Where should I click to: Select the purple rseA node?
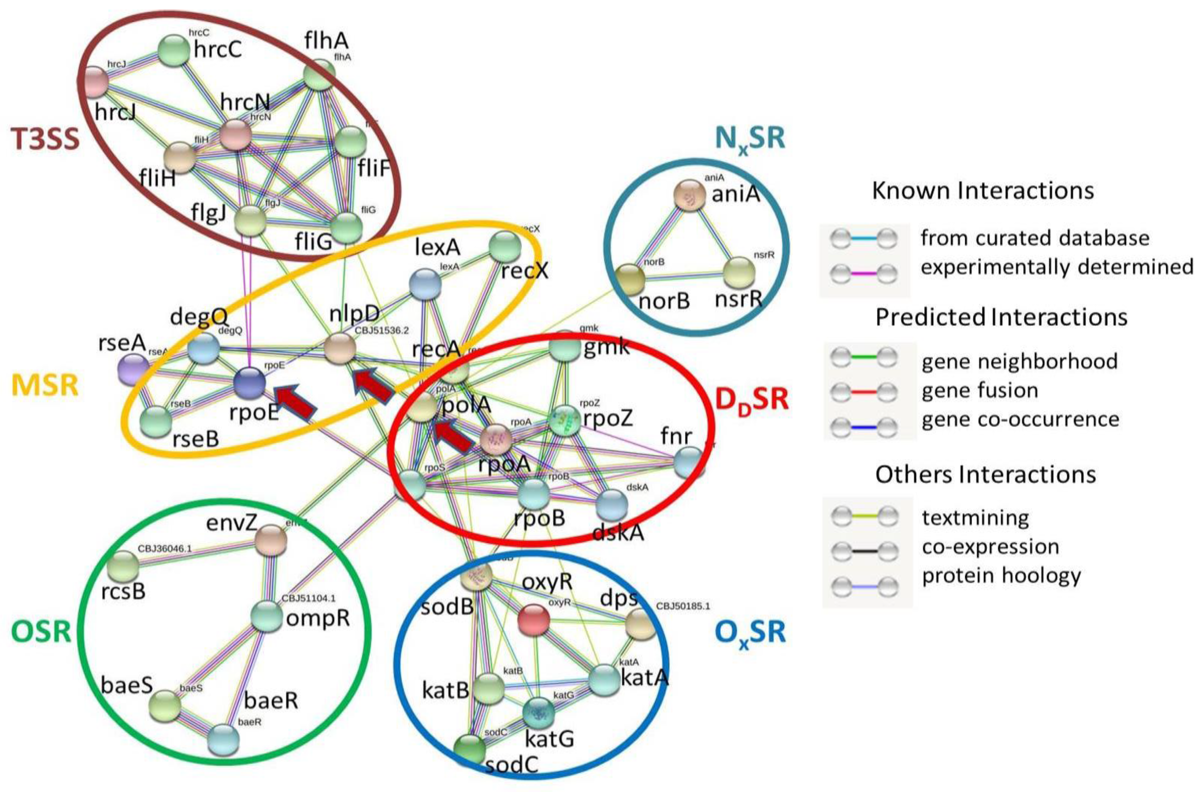click(x=133, y=370)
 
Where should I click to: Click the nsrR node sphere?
click(x=739, y=272)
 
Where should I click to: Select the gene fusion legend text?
click(x=980, y=390)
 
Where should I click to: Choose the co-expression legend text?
click(x=990, y=547)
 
